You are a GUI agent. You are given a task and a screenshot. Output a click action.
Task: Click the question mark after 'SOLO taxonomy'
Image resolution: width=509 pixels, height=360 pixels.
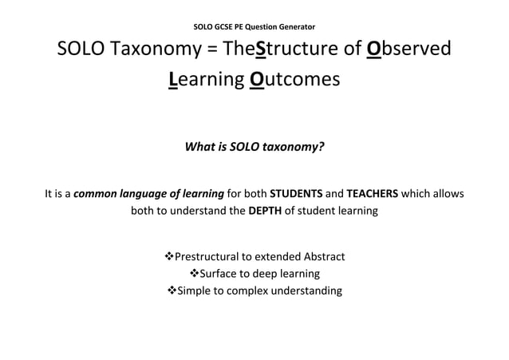pyautogui.click(x=321, y=147)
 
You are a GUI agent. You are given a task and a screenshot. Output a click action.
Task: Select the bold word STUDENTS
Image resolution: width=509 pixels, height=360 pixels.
pyautogui.click(x=295, y=193)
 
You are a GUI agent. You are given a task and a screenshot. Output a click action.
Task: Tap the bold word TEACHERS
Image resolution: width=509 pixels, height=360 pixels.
pyautogui.click(x=372, y=193)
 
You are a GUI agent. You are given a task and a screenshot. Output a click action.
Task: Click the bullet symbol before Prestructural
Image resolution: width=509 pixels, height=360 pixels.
pyautogui.click(x=168, y=256)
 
